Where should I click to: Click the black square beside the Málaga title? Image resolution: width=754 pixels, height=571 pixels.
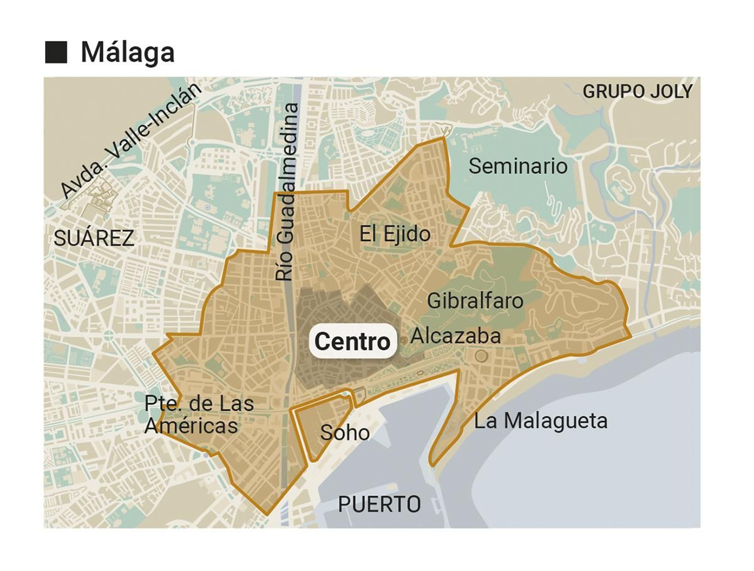tap(56, 52)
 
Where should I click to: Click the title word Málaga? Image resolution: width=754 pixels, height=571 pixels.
tap(128, 52)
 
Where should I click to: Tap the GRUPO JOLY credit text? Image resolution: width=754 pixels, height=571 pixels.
tap(637, 91)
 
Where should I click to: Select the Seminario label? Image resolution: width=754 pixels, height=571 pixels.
tap(518, 166)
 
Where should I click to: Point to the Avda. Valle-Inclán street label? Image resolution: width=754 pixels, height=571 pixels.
tap(131, 140)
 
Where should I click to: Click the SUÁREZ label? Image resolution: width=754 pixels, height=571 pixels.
tap(94, 238)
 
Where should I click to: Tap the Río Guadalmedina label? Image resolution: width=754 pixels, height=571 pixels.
tap(287, 192)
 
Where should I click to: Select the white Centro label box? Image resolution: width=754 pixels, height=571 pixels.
tap(352, 342)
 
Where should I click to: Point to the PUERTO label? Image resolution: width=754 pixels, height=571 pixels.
tap(379, 505)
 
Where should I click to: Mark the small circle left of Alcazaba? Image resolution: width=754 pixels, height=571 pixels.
tap(403, 340)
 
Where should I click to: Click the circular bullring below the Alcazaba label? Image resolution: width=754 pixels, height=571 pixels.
tap(481, 356)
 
